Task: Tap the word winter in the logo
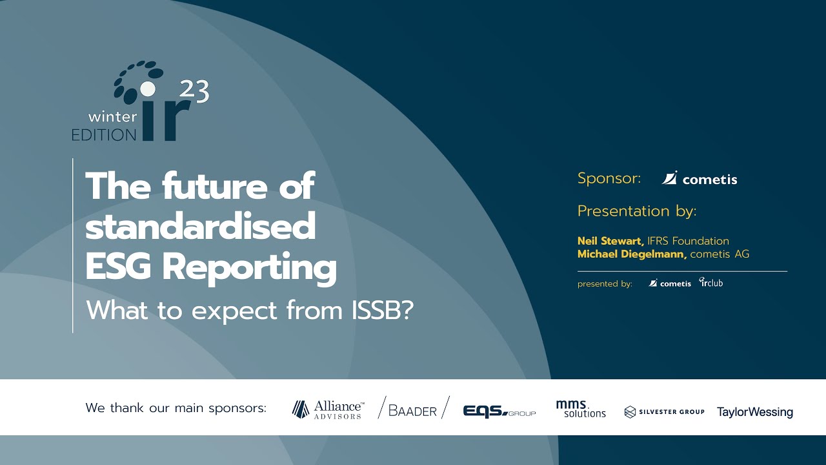tap(112, 118)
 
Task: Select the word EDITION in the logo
tap(104, 134)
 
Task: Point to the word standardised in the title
tap(201, 227)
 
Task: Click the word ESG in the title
tap(118, 267)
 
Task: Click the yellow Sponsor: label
tap(609, 178)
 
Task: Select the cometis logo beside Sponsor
tap(700, 179)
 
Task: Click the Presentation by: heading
tap(637, 211)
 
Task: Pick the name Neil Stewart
tap(610, 241)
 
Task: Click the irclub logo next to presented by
tap(711, 282)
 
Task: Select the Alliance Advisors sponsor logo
tap(328, 409)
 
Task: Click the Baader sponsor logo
tap(413, 409)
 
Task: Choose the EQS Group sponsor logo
tap(499, 411)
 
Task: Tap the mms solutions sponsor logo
tap(581, 409)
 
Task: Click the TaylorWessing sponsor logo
tap(754, 412)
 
